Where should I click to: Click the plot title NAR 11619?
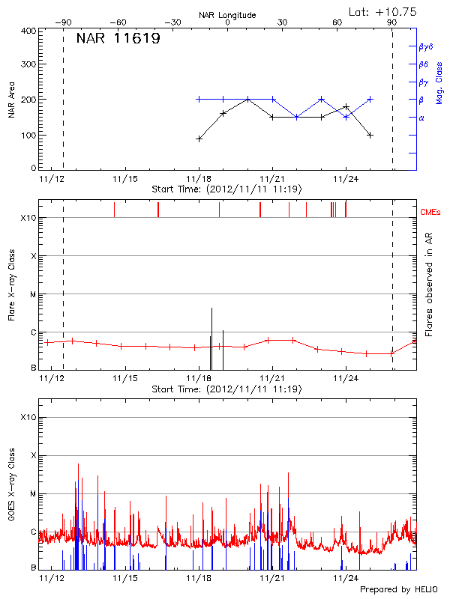[118, 39]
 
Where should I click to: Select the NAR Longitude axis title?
[227, 15]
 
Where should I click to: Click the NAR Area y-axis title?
[12, 100]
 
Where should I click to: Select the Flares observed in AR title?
[429, 283]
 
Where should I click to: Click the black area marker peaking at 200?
[247, 100]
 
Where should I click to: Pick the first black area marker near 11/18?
[199, 139]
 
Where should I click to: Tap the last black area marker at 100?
[370, 135]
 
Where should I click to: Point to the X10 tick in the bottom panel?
[28, 417]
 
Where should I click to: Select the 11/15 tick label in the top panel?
[124, 179]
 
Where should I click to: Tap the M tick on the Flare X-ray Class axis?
[33, 294]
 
